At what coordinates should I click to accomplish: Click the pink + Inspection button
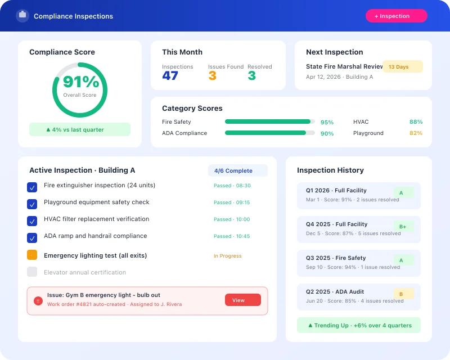pos(396,16)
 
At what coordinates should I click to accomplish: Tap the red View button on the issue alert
pos(242,300)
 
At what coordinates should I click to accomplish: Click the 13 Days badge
pos(402,67)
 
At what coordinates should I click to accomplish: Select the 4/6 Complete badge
pos(237,170)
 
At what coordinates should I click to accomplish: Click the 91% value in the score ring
pos(80,82)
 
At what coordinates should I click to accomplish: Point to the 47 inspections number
pos(170,76)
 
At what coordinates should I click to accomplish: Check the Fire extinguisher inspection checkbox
pos(32,187)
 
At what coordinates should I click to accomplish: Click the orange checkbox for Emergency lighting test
pos(32,255)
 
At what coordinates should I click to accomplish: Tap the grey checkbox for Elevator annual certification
pos(32,272)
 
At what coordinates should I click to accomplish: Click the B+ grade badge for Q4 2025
pos(403,226)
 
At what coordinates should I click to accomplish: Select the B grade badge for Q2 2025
pos(403,294)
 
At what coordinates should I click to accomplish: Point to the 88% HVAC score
pos(416,121)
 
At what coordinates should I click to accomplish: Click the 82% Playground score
pos(416,133)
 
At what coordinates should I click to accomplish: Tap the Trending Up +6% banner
pos(359,325)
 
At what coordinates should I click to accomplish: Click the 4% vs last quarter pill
pos(80,129)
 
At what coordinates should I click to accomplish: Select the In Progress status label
pos(227,256)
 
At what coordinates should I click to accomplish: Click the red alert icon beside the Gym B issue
pos(38,301)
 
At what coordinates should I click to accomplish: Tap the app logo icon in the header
pos(22,16)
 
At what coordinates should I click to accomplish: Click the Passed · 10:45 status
pos(232,236)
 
